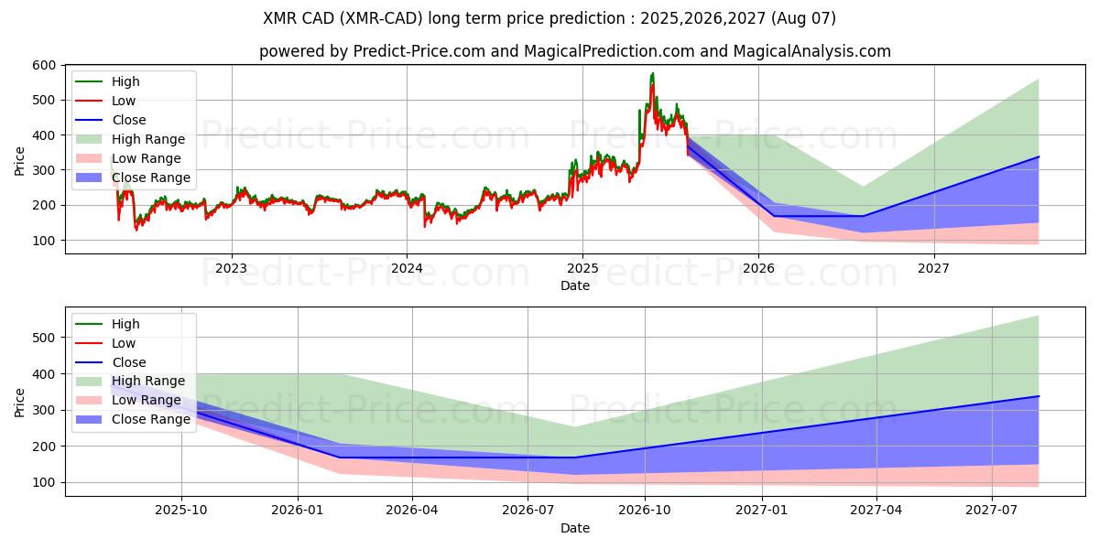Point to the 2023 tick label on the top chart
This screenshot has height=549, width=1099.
pyautogui.click(x=231, y=268)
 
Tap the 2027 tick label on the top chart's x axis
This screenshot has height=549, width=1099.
pyautogui.click(x=933, y=268)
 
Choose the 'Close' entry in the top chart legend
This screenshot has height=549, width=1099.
pyautogui.click(x=129, y=120)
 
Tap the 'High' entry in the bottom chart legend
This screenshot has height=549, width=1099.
pyautogui.click(x=125, y=324)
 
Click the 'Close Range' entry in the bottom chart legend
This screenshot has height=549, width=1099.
pyautogui.click(x=151, y=420)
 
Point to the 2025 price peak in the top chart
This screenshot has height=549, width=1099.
pyautogui.click(x=652, y=73)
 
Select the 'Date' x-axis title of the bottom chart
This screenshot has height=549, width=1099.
pyautogui.click(x=575, y=528)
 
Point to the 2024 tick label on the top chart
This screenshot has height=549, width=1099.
pyautogui.click(x=407, y=268)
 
